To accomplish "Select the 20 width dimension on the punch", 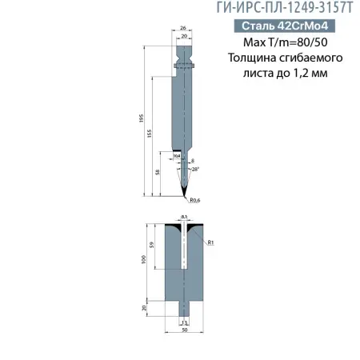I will tap(184, 37).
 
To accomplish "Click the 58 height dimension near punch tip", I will tap(158, 171).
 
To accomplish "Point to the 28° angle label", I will tap(194, 170).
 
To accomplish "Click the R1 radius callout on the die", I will tap(209, 242).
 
